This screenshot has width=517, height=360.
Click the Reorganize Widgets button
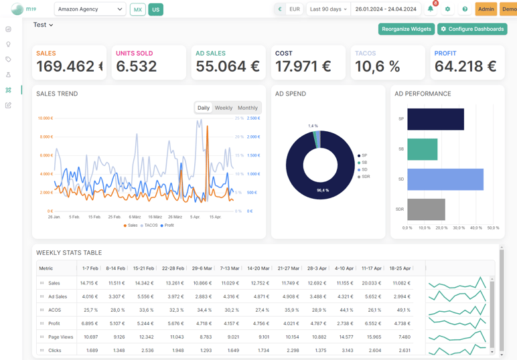(407, 29)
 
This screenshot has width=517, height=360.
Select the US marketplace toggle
(155, 9)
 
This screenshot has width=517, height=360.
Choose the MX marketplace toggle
(137, 9)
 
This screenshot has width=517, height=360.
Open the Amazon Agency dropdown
(90, 9)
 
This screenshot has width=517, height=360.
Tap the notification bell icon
(431, 9)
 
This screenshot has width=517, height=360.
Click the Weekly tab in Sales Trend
(224, 108)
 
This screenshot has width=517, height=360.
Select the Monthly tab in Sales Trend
(247, 108)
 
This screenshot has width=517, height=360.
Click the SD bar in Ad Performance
(445, 179)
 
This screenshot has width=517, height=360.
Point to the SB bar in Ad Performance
(422, 149)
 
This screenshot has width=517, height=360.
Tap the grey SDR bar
(426, 209)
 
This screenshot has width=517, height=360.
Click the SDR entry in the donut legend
(366, 177)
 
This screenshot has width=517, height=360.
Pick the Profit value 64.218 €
(465, 66)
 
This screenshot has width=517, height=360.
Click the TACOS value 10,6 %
(377, 66)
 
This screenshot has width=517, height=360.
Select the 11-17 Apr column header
(370, 268)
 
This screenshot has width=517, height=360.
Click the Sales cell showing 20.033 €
(370, 283)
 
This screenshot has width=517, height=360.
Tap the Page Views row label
(60, 337)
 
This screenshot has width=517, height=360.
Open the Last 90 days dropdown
(328, 9)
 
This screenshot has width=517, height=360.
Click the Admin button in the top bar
(486, 9)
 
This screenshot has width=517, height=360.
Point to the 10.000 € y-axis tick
(45, 118)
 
